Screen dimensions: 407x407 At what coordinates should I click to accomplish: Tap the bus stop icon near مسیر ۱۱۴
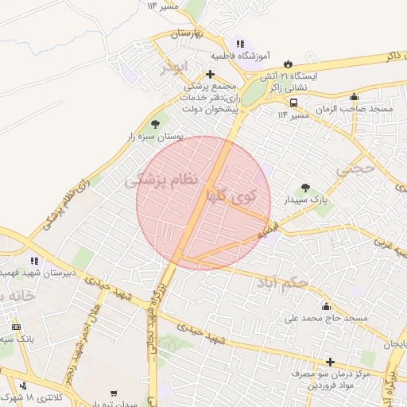pos(293,103)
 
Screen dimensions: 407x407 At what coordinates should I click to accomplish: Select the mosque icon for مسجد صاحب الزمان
pos(354,97)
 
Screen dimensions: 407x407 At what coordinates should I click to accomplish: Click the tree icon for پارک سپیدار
pos(305,188)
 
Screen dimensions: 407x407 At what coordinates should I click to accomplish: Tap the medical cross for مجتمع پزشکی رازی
pos(210,74)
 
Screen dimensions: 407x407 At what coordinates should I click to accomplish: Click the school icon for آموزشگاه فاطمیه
pos(239,45)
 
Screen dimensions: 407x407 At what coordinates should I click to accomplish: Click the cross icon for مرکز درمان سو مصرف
pos(329,362)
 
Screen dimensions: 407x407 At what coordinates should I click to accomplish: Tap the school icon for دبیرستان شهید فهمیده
pos(34,260)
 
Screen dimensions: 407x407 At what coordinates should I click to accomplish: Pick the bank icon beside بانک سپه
pos(17,327)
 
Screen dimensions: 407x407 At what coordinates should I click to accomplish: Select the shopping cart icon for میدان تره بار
pos(114,393)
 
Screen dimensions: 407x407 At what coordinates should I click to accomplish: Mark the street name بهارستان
pos(188,34)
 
